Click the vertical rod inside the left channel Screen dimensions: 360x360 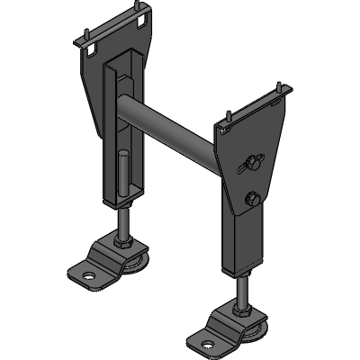coord(119,175)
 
